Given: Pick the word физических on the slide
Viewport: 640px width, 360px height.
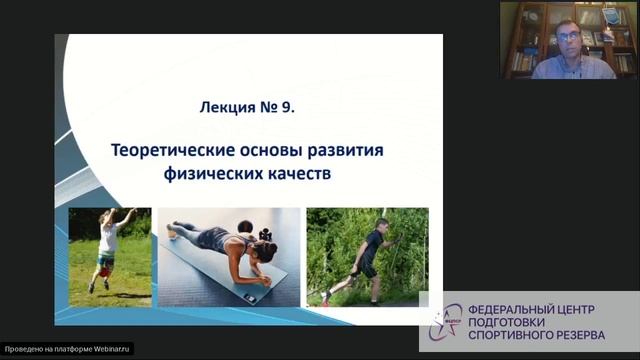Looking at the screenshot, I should click(205, 173).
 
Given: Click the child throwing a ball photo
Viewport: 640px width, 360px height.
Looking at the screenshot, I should click(109, 255).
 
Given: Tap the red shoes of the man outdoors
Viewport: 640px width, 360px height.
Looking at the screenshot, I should click(326, 297).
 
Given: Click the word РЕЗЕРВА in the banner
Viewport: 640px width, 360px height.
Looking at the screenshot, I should click(590, 336).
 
